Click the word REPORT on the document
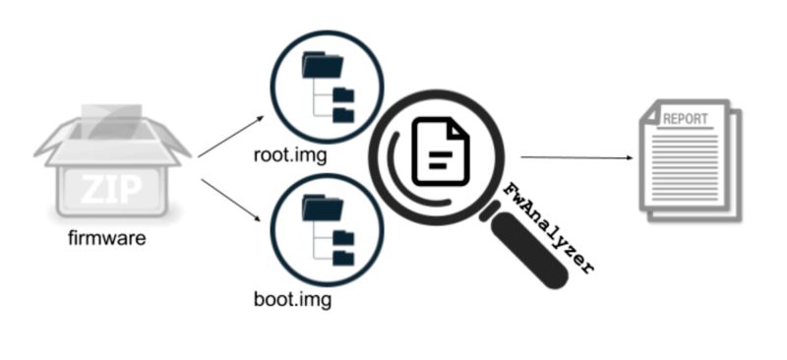click(686, 119)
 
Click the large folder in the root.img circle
click(322, 66)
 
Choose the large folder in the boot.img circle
click(322, 208)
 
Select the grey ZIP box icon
click(108, 161)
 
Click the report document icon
click(689, 156)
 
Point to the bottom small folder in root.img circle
click(343, 115)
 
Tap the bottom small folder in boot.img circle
click(343, 257)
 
